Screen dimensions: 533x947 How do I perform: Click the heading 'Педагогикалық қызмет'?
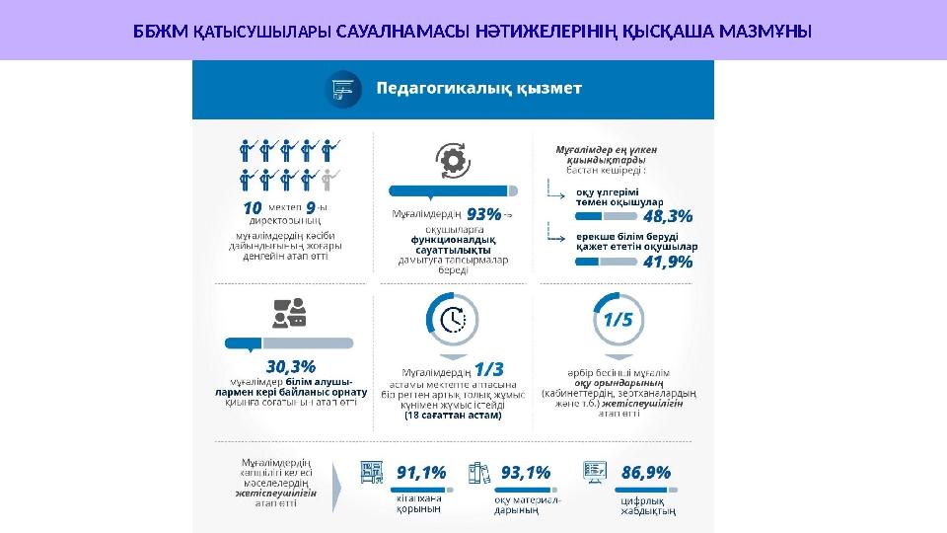point(478,88)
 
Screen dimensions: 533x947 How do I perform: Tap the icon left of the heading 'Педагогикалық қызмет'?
point(341,89)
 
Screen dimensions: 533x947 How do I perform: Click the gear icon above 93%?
point(453,161)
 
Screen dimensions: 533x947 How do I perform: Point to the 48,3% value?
point(667,214)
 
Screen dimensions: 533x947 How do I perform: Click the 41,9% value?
point(667,263)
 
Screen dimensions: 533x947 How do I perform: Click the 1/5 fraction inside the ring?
point(619,320)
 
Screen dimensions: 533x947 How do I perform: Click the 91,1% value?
point(421,473)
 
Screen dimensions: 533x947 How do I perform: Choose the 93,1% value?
point(526,473)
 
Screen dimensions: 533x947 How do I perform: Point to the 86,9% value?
point(646,473)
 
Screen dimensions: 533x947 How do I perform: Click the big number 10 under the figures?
point(252,209)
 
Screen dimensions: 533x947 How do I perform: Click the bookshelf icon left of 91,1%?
point(374,473)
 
